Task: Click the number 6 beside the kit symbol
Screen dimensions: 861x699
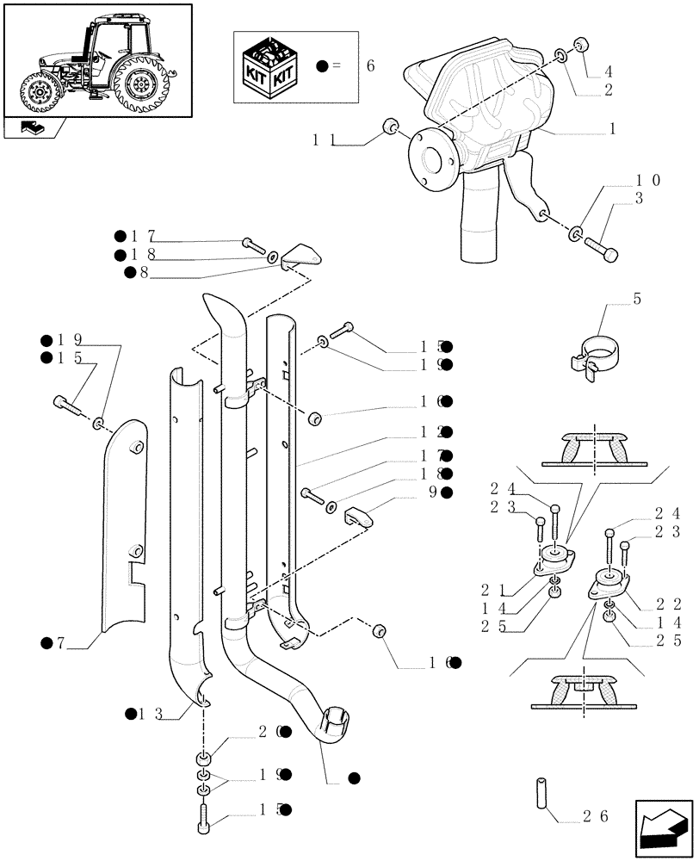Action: pos(370,66)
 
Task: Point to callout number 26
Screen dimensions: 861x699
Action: pos(597,816)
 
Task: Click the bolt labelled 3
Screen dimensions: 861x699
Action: pos(599,245)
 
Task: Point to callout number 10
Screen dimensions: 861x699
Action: pos(648,181)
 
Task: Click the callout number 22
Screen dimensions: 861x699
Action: pos(669,603)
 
